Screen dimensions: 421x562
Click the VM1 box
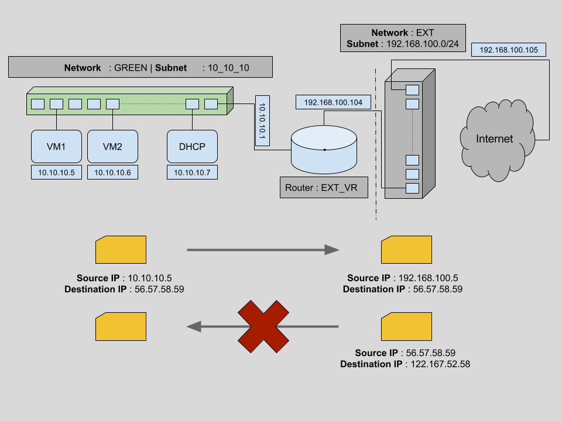56,146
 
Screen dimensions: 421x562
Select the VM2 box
112,146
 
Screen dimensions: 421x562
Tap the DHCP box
192,146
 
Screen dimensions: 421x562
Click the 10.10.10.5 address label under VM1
56,172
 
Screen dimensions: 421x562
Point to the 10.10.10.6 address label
112,172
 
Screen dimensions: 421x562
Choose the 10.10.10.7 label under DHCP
192,172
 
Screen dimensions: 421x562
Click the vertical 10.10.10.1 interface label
262,120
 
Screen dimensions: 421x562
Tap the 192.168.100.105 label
508,50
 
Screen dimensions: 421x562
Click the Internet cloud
494,139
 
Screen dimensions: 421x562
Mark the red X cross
263,327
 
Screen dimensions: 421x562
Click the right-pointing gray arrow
263,250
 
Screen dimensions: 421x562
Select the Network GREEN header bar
140,67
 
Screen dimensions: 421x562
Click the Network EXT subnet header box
402,39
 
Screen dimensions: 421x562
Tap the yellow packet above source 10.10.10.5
121,250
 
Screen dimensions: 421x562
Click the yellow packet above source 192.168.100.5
406,250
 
